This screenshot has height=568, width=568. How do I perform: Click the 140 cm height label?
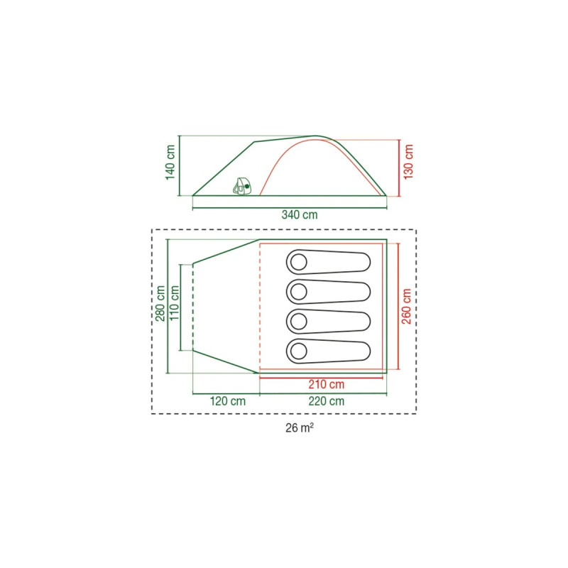(170, 162)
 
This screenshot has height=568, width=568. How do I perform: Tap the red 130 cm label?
(408, 162)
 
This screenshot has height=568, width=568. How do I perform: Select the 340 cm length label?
(300, 215)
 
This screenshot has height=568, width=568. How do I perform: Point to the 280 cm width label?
(160, 304)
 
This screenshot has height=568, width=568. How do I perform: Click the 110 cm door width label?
(175, 303)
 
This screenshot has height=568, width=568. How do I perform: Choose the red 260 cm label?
(406, 306)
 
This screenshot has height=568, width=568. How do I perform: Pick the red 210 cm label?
(327, 384)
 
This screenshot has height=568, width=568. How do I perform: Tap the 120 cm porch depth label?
(228, 401)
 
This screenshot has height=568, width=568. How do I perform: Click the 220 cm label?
(327, 401)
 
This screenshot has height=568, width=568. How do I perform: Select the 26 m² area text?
(300, 428)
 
